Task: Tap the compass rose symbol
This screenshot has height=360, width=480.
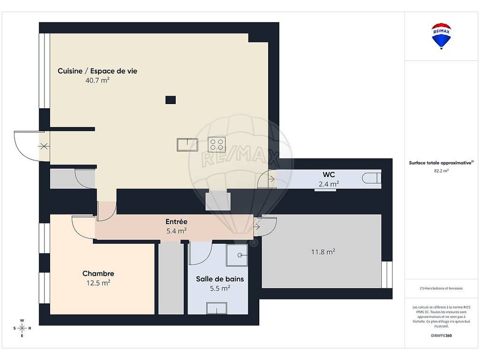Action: point(22,328)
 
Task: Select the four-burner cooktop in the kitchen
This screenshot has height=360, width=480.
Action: point(217,144)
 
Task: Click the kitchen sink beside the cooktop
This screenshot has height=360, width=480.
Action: point(187,145)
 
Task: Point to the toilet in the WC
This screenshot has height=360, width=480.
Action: point(372,178)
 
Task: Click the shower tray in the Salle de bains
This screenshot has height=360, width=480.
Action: point(237,255)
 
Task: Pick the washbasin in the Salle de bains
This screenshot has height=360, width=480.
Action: point(217,308)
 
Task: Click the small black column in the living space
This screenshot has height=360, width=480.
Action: point(171,100)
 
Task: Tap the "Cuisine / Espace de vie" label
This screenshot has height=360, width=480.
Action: point(97,71)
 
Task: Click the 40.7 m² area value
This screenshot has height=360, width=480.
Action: point(97,80)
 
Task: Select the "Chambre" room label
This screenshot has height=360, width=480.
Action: point(98,273)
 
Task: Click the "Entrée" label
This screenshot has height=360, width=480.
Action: point(176,221)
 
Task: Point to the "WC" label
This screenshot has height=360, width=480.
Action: point(329,174)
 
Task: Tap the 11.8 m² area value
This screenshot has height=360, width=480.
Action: point(323,252)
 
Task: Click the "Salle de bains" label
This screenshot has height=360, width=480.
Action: point(220,279)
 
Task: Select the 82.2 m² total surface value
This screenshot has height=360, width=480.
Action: point(441,171)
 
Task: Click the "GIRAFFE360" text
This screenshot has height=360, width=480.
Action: point(441,336)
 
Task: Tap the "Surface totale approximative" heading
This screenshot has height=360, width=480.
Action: point(441,163)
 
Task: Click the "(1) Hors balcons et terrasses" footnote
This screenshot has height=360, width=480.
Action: point(441,288)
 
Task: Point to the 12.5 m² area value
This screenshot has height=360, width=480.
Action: point(98,283)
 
